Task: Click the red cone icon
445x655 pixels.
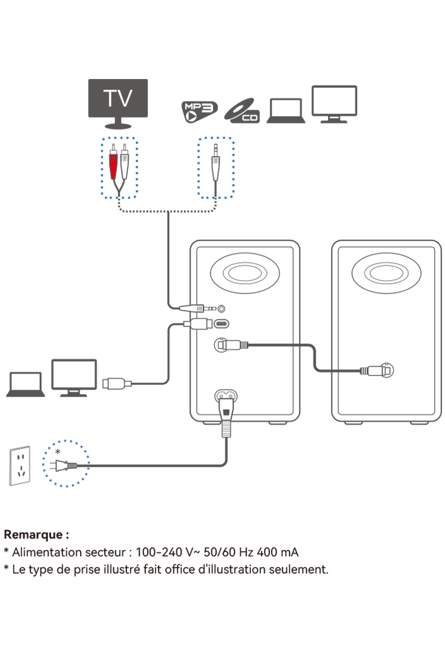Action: [113, 166]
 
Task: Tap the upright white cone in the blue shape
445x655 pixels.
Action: [215, 169]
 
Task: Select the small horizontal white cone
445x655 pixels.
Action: [191, 308]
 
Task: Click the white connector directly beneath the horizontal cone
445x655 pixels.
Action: [198, 324]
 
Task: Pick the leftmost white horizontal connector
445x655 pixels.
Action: [116, 384]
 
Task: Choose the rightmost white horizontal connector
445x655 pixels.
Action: [376, 371]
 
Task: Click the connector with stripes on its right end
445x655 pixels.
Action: [233, 345]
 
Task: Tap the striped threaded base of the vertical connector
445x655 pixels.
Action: [226, 428]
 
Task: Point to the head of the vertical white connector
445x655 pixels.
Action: [226, 408]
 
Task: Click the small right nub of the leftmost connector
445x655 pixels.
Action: [128, 384]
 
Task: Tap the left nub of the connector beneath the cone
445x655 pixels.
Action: [187, 324]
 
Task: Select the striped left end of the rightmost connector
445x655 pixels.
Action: [364, 371]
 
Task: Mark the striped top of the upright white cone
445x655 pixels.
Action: [215, 160]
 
